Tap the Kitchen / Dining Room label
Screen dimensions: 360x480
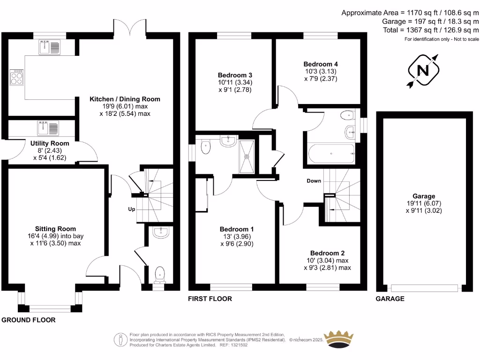click(x=125, y=99)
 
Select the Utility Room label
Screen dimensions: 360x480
click(x=50, y=143)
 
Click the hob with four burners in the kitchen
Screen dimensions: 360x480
click(x=16, y=78)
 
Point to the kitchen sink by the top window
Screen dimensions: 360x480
click(x=50, y=47)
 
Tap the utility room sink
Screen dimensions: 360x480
click(x=49, y=127)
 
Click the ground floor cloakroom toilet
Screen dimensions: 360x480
click(x=160, y=274)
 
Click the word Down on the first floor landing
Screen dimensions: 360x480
click(x=314, y=181)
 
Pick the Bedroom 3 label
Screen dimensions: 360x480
click(x=235, y=75)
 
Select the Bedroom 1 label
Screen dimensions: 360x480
click(x=237, y=229)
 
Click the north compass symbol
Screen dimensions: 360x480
click(x=423, y=70)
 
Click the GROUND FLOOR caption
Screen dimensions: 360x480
click(x=28, y=320)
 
